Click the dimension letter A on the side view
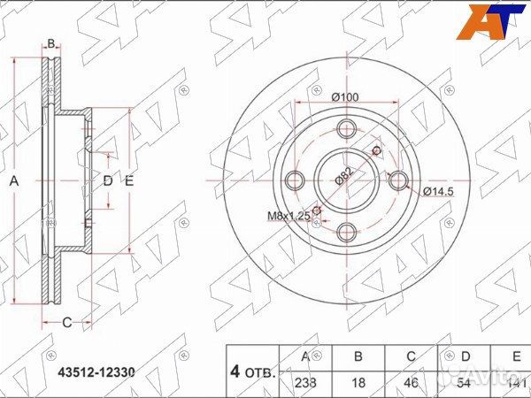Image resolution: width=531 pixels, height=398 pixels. pyautogui.click(x=14, y=180)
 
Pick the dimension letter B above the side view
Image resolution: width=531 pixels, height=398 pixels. pyautogui.click(x=51, y=43)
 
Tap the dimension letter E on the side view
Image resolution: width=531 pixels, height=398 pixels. pyautogui.click(x=128, y=181)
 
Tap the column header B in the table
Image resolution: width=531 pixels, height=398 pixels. pyautogui.click(x=358, y=356)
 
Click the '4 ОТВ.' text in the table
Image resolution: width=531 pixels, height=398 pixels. pyautogui.click(x=253, y=370)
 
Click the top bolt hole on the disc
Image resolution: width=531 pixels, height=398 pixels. pyautogui.click(x=347, y=129)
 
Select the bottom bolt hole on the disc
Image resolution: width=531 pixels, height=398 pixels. pyautogui.click(x=347, y=233)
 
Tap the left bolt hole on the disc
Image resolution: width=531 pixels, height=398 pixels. pyautogui.click(x=296, y=181)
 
